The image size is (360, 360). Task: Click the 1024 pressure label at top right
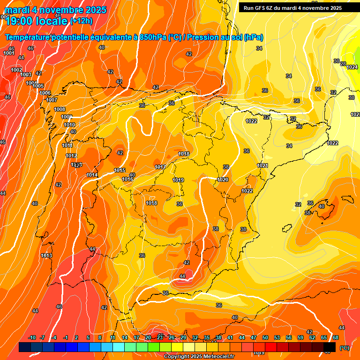click(x=352, y=67)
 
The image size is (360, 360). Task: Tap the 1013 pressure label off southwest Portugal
click(x=46, y=255)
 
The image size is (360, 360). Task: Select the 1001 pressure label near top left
click(x=8, y=53)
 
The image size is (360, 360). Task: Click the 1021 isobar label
click(x=262, y=165)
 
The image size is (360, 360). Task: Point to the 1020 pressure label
click(x=223, y=180)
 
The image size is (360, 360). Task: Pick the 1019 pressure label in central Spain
click(x=178, y=180)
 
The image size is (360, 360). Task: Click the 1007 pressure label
click(x=52, y=100)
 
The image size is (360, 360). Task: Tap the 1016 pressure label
click(x=127, y=179)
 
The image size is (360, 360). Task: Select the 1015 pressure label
click(x=120, y=170)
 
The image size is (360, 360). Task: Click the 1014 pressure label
click(x=92, y=175)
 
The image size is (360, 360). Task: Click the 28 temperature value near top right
click(x=343, y=64)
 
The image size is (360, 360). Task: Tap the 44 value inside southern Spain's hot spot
click(x=182, y=276)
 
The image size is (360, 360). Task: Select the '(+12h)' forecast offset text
click(x=81, y=21)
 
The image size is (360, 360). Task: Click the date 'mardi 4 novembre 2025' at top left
click(x=55, y=10)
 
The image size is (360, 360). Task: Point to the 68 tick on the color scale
click(x=336, y=337)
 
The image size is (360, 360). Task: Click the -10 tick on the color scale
click(x=32, y=337)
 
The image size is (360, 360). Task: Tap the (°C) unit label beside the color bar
click(x=344, y=348)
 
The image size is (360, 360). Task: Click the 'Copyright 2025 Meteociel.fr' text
click(x=199, y=356)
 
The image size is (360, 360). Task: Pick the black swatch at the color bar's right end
click(x=330, y=347)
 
